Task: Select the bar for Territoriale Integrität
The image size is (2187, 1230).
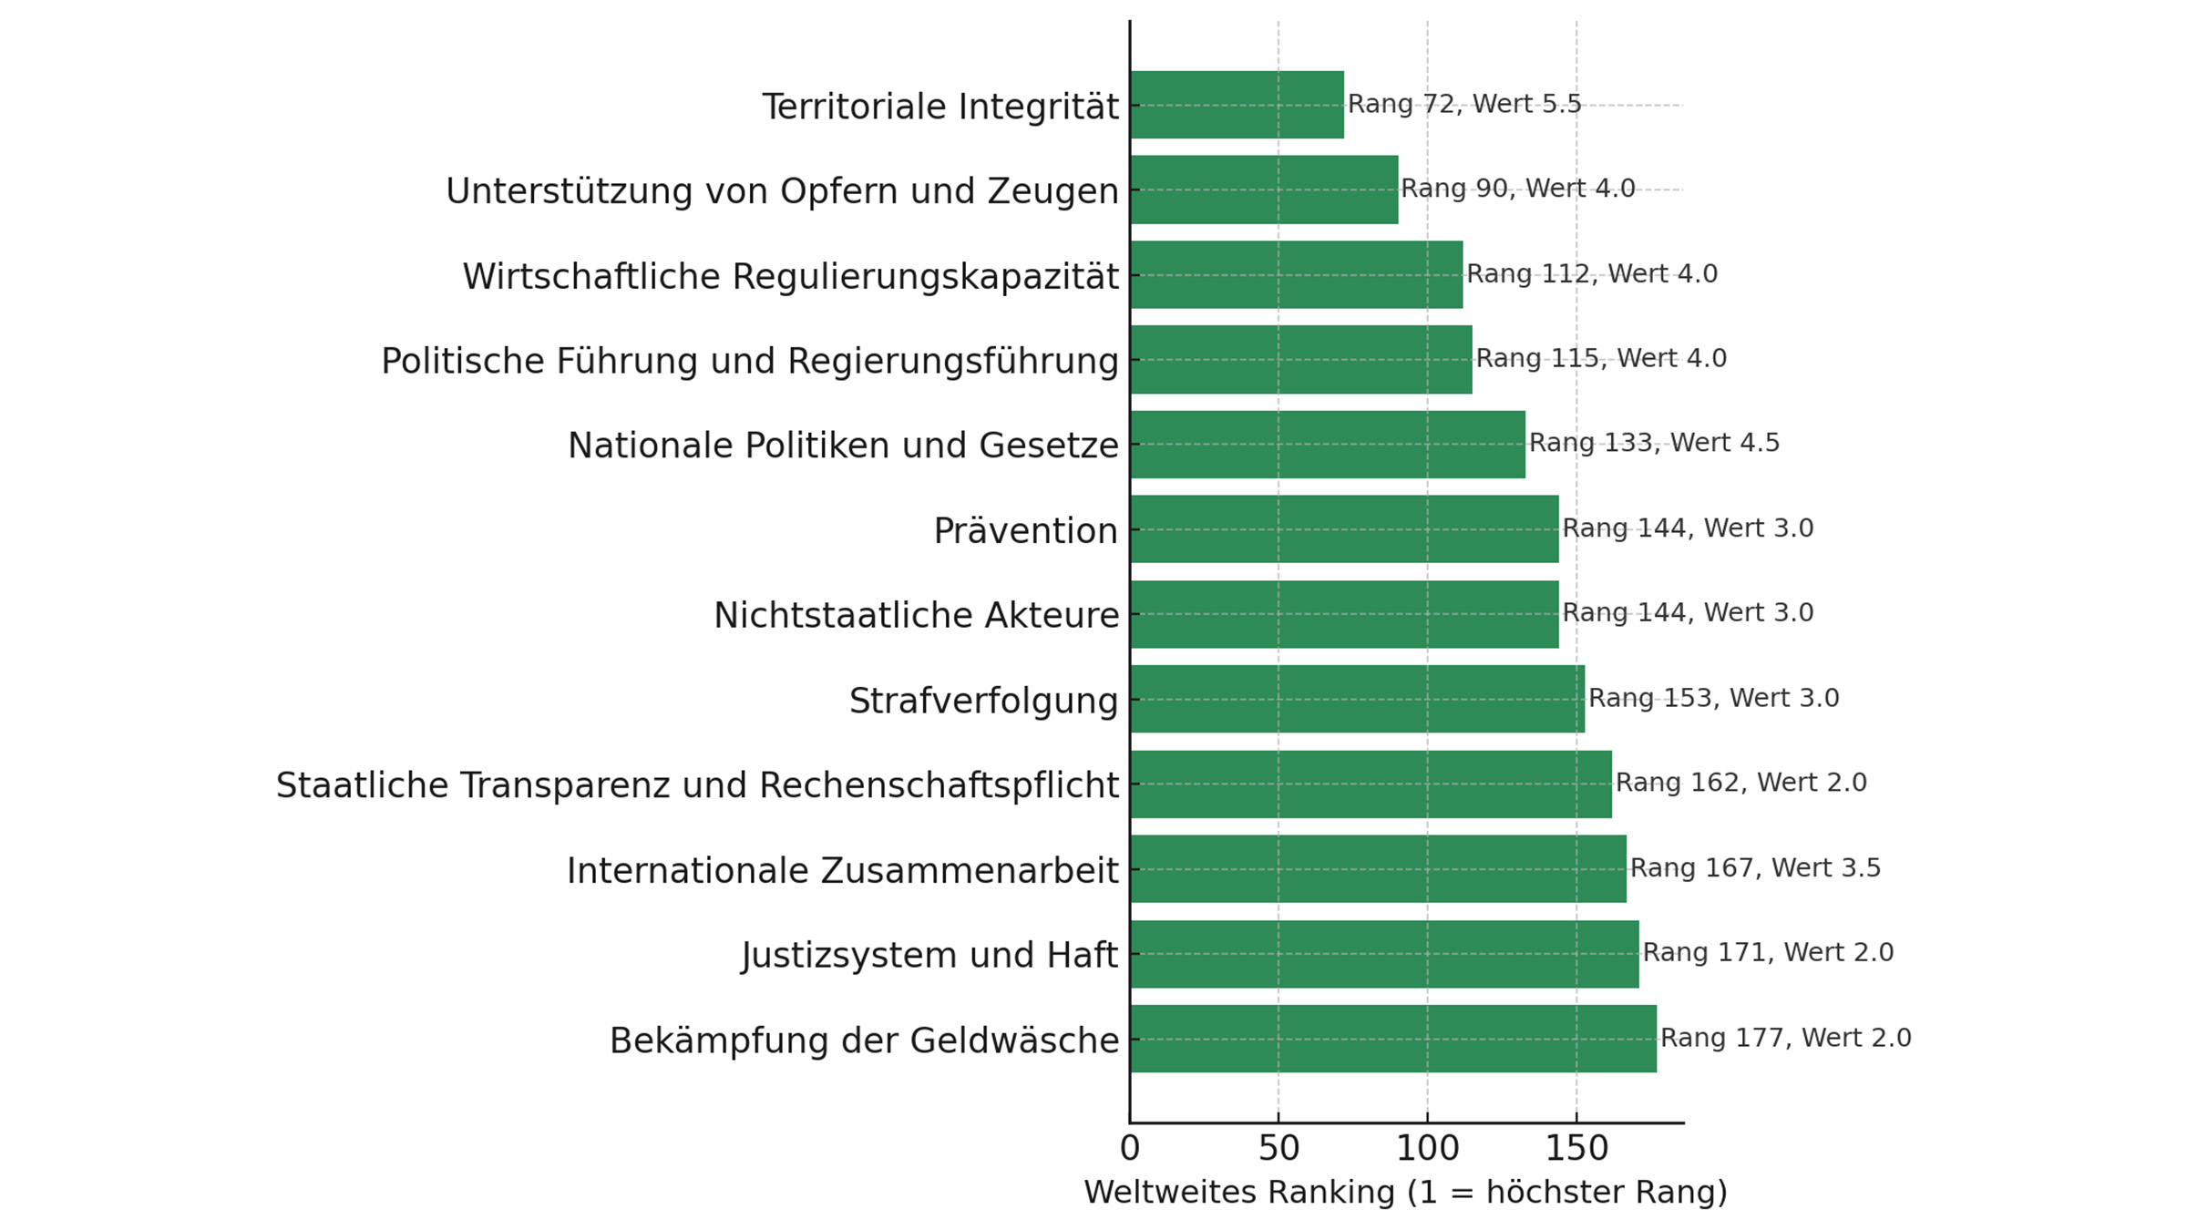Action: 1237,105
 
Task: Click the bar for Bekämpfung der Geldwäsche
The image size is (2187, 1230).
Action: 1393,1039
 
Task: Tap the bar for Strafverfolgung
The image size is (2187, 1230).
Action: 1357,699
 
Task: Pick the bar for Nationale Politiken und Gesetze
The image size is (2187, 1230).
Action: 1328,445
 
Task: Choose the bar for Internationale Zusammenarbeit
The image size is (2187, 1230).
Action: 1378,869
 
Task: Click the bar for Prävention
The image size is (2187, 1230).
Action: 1344,529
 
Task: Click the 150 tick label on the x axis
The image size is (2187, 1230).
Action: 1576,1148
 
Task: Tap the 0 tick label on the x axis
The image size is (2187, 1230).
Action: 1130,1148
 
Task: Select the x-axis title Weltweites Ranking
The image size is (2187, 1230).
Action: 1405,1192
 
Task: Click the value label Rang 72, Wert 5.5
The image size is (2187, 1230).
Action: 1464,104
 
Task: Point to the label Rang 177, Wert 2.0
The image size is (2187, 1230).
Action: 1785,1038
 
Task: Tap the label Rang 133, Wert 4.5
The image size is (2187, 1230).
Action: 1654,443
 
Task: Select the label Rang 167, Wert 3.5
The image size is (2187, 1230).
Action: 1755,867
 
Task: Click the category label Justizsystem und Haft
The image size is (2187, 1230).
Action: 929,955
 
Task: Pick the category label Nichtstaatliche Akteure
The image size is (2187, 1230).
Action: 916,615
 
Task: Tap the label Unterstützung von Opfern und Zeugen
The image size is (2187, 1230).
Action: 782,191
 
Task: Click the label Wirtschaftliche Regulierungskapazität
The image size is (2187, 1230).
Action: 790,276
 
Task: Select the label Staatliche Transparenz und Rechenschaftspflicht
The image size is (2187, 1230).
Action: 697,785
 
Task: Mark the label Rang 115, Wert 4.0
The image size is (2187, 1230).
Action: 1601,358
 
